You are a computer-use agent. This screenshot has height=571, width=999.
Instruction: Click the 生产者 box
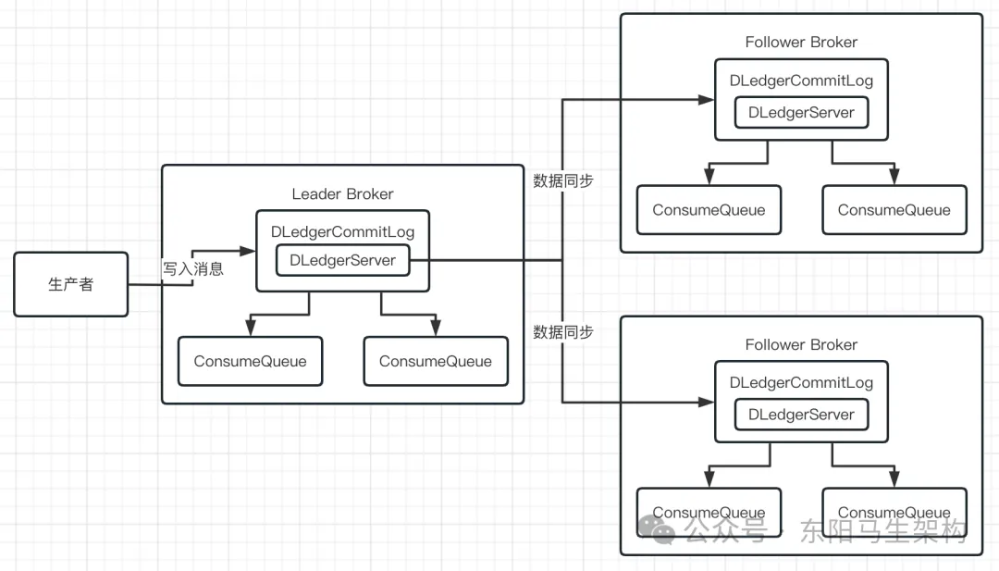(71, 284)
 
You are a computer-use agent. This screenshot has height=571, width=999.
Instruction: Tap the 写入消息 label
(192, 269)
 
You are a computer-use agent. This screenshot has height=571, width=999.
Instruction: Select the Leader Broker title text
(342, 194)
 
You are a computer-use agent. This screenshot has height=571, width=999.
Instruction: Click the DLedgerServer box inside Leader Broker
(342, 261)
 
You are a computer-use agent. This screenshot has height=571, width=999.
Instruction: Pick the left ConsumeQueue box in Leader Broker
(250, 361)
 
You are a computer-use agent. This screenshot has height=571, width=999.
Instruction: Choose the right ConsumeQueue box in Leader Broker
(436, 361)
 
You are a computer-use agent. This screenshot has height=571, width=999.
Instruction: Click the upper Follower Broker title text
(801, 43)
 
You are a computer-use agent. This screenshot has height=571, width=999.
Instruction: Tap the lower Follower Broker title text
(801, 345)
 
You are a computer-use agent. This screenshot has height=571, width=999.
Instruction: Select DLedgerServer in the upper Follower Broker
(801, 113)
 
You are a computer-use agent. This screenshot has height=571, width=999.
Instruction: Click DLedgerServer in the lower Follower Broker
(801, 415)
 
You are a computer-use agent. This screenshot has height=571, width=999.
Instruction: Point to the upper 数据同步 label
(563, 181)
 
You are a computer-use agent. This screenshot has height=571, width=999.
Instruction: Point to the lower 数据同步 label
(563, 332)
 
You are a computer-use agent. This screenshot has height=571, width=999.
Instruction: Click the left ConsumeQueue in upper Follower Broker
(709, 210)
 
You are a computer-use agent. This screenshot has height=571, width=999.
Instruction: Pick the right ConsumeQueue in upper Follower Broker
(894, 210)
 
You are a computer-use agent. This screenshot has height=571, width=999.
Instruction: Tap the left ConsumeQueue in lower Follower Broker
(709, 513)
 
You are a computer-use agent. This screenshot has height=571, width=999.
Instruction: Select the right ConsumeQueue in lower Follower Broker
(894, 513)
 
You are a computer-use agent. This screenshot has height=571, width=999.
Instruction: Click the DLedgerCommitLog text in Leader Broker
(342, 232)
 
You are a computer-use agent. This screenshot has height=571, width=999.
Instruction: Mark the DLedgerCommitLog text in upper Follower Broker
(801, 81)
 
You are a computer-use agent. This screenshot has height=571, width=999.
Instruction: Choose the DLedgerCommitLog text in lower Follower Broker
(801, 383)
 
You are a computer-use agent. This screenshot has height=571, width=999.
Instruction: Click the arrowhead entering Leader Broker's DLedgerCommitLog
(249, 251)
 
